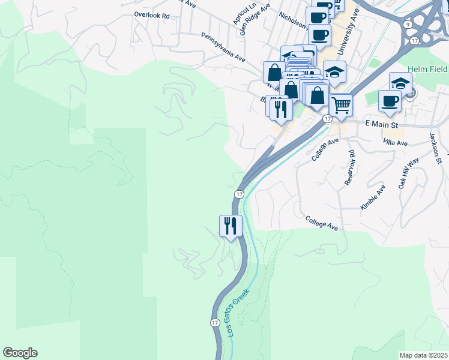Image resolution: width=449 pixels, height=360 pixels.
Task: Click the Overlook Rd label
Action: point(152,15)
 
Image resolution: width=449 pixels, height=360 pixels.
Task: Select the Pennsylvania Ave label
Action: point(223,48)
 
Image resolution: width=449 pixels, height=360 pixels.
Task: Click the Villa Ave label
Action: point(395,143)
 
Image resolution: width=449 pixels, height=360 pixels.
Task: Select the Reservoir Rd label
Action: point(349,167)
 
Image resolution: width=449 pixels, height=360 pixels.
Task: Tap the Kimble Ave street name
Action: point(372,197)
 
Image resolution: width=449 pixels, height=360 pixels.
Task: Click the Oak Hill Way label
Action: point(409,174)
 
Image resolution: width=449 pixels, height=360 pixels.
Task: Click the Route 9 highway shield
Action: point(408,24)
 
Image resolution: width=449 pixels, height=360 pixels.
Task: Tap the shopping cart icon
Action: point(341,106)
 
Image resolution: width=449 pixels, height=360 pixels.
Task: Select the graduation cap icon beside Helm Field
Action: point(400,83)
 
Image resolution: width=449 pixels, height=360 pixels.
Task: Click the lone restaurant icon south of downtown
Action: point(231,226)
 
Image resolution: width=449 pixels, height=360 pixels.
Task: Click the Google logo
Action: point(20,353)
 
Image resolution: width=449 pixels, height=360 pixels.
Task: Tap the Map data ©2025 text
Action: point(423,355)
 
